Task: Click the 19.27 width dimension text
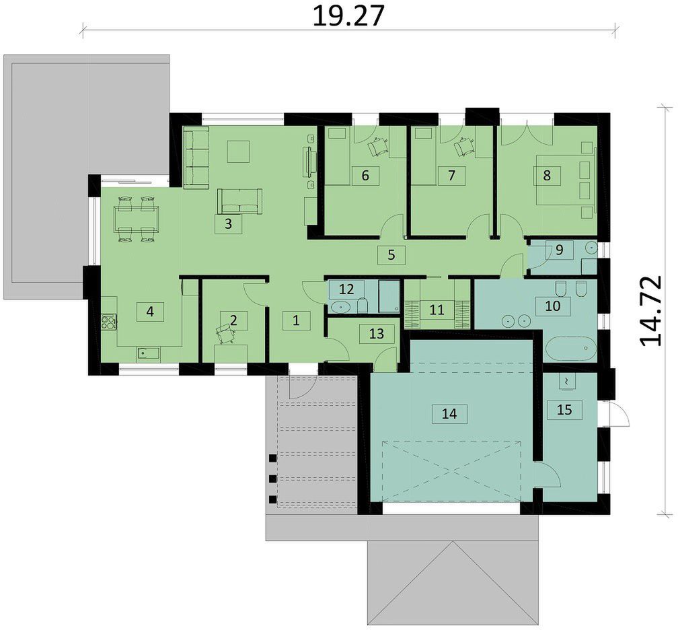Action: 348,16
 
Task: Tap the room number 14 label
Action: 449,414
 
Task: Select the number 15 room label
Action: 565,409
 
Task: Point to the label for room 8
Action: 547,175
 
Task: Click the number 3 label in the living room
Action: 229,223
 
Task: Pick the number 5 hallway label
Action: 391,255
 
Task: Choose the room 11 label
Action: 437,310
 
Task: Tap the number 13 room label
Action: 377,334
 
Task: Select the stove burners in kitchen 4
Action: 108,322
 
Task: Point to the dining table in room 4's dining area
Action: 136,219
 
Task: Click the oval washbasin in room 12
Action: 341,307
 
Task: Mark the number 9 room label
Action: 559,250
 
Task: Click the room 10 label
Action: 553,306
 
